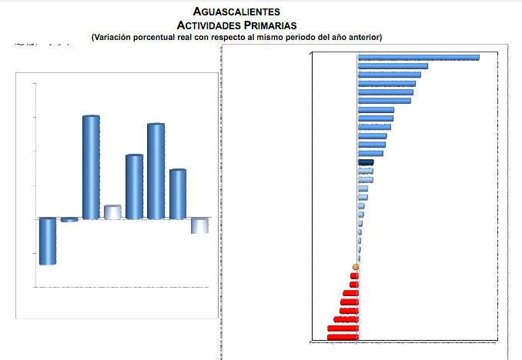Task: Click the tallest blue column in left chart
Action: (x=91, y=167)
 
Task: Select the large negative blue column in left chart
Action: (x=48, y=241)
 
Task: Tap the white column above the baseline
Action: (x=112, y=212)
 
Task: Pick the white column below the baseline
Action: (x=199, y=225)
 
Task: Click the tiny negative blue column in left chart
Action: (x=69, y=220)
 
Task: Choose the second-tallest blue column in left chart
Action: (x=156, y=171)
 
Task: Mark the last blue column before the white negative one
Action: (x=178, y=194)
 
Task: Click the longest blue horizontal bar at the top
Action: (x=419, y=58)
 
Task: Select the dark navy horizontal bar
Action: (x=366, y=162)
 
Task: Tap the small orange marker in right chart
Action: (x=356, y=267)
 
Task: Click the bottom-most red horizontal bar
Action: (x=343, y=337)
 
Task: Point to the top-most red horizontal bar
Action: (x=354, y=275)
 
